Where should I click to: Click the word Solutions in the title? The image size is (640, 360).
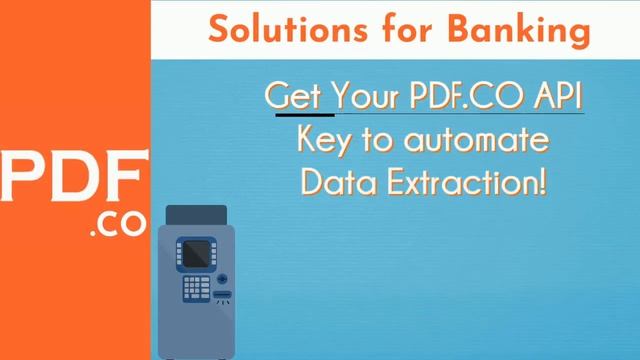pos(269,30)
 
